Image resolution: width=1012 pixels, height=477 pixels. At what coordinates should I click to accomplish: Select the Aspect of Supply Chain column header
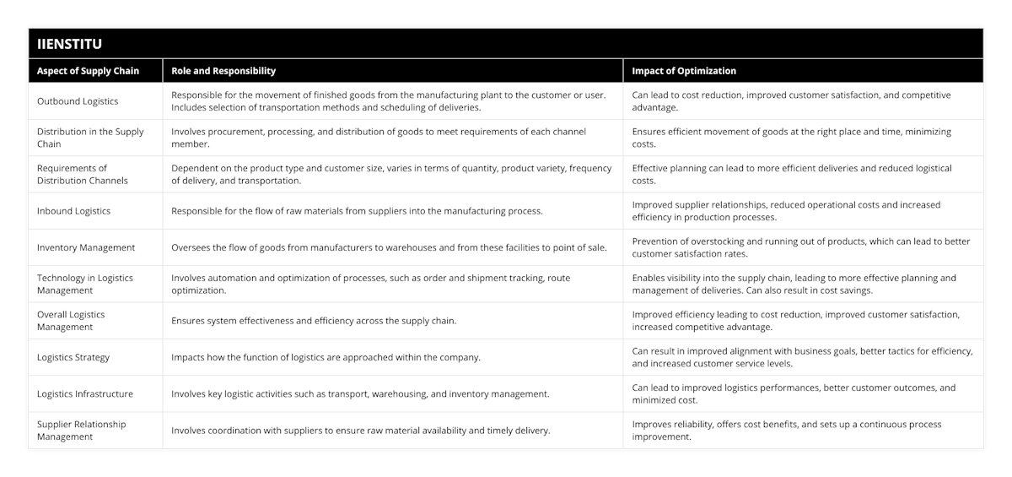click(88, 71)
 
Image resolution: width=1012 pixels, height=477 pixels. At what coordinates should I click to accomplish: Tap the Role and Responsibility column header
click(223, 71)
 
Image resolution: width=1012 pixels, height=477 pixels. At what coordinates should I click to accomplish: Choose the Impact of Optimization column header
click(684, 71)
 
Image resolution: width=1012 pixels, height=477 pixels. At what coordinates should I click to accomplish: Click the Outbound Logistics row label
click(78, 101)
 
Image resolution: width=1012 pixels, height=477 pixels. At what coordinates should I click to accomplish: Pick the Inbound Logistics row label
click(73, 211)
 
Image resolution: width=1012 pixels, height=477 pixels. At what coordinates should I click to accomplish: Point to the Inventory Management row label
click(86, 247)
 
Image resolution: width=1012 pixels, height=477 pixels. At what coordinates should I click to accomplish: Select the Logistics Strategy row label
click(73, 357)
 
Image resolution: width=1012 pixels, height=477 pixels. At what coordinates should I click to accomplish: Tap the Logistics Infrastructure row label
click(85, 393)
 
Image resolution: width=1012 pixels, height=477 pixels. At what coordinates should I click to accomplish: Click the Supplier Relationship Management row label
click(81, 431)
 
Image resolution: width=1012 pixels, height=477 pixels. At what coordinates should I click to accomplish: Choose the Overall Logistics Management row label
click(71, 321)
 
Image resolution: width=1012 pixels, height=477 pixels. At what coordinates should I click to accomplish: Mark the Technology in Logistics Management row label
click(84, 284)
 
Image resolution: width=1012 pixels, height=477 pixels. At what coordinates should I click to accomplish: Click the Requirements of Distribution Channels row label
click(83, 174)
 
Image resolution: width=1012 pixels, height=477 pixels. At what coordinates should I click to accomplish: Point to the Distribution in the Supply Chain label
click(90, 138)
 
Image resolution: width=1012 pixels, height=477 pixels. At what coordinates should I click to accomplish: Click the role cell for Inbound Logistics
click(357, 211)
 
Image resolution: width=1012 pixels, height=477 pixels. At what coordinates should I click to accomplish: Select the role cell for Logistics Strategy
click(326, 357)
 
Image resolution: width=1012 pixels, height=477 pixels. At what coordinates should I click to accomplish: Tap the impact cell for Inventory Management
click(801, 247)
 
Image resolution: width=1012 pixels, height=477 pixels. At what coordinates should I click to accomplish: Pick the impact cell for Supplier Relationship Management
click(787, 431)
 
